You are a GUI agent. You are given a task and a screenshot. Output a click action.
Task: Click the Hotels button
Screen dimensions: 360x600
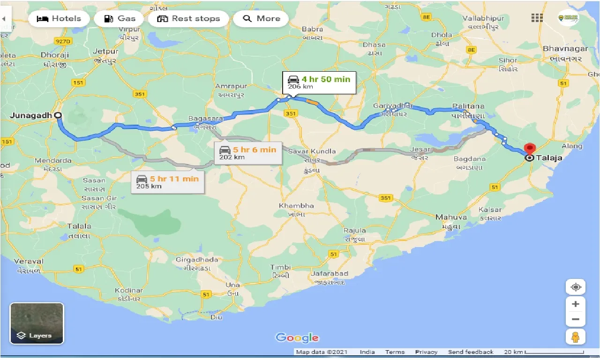tap(59, 19)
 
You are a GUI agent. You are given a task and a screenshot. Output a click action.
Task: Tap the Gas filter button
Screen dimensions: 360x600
tap(119, 19)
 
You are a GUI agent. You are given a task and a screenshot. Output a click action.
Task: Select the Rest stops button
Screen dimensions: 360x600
tap(188, 19)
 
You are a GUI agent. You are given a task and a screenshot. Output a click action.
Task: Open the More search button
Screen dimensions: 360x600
tap(261, 19)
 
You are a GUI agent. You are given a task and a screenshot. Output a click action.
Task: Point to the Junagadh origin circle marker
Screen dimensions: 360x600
tap(58, 115)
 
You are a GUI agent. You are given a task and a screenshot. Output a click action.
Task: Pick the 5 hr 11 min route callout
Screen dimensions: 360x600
tap(167, 181)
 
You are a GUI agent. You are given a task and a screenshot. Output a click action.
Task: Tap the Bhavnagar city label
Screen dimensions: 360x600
tap(562, 48)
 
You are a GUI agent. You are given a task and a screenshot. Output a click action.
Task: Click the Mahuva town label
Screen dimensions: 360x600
tap(451, 217)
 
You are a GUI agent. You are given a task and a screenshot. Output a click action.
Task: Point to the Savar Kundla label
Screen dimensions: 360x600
tap(312, 151)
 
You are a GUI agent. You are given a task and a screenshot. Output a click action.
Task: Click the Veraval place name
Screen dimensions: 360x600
tap(29, 261)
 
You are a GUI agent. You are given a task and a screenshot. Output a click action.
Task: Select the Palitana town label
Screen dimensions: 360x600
tap(468, 106)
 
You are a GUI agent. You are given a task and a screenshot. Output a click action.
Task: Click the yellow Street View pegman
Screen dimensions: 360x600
tap(576, 337)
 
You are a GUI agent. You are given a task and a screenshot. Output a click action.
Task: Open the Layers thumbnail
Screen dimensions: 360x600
tap(37, 323)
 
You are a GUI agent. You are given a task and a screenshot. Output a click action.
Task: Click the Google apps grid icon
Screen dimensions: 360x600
tap(537, 18)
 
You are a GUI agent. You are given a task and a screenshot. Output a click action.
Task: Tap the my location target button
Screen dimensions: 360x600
tap(576, 287)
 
